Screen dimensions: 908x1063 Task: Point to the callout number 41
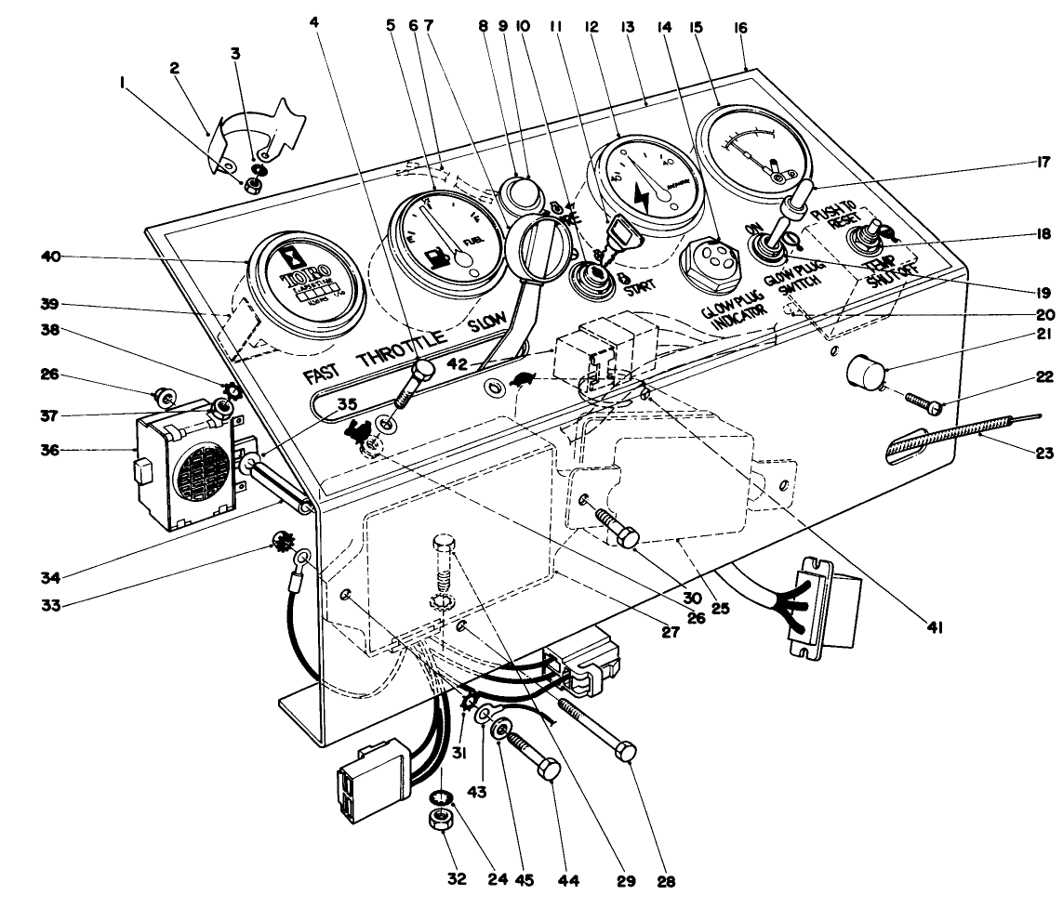935,628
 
